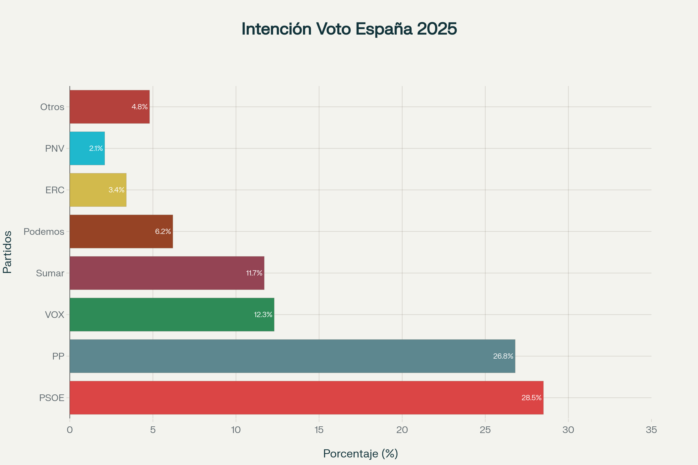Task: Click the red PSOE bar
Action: pyautogui.click(x=306, y=397)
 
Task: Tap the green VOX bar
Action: pyautogui.click(x=172, y=314)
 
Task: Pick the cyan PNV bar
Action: pyautogui.click(x=87, y=148)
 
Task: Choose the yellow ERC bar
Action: pyautogui.click(x=98, y=190)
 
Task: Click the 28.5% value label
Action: pyautogui.click(x=531, y=398)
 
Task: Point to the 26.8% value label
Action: pyautogui.click(x=503, y=356)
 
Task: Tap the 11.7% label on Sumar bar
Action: pyautogui.click(x=254, y=273)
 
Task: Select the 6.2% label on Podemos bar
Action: pyautogui.click(x=163, y=232)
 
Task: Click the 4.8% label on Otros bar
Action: pyautogui.click(x=140, y=107)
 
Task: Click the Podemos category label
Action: pyautogui.click(x=44, y=232)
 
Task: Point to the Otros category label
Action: pyautogui.click(x=52, y=107)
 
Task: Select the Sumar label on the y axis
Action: pyautogui.click(x=50, y=273)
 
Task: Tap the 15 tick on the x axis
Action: pyautogui.click(x=319, y=430)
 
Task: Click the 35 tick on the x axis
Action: pyautogui.click(x=651, y=430)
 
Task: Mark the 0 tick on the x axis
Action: pyautogui.click(x=70, y=430)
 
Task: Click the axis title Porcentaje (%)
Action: pyautogui.click(x=360, y=453)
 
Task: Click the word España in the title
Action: pyautogui.click(x=384, y=29)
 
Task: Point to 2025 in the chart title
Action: pyautogui.click(x=437, y=29)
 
